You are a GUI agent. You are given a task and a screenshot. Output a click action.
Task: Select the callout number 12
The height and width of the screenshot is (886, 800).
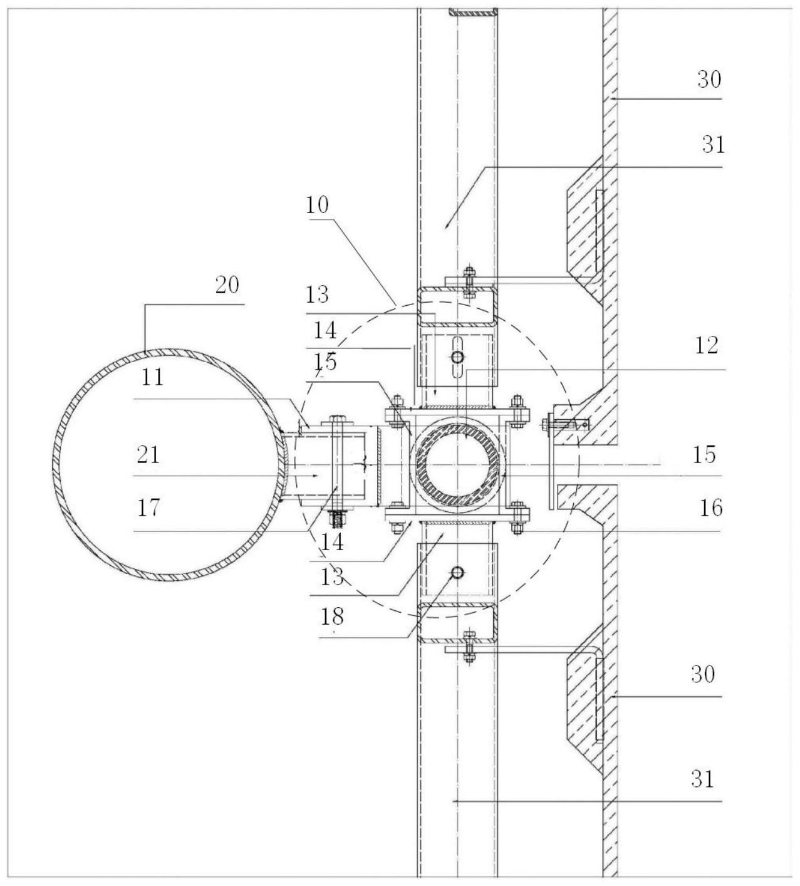click(707, 346)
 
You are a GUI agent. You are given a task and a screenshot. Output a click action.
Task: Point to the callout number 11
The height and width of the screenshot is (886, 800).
click(153, 378)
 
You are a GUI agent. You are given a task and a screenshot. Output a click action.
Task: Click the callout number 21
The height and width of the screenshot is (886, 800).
click(148, 454)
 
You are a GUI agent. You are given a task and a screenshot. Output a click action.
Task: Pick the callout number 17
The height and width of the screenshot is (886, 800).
click(148, 508)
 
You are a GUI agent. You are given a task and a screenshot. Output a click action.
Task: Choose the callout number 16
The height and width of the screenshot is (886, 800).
click(711, 508)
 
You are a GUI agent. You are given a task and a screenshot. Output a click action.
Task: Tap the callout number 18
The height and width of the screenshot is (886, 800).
click(332, 616)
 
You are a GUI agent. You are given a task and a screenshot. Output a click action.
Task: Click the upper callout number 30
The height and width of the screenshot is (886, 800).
click(709, 80)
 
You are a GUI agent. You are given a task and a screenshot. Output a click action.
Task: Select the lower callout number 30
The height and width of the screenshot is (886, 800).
click(703, 674)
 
